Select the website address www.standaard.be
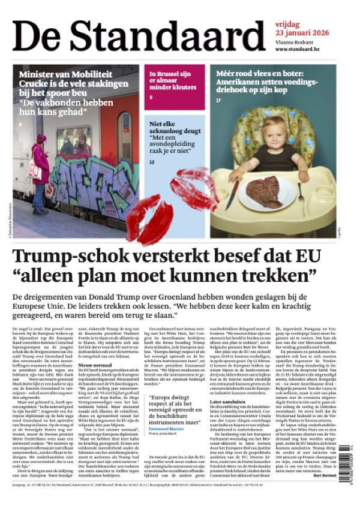pyautogui.click(x=302, y=49)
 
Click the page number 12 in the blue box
pyautogui.click(x=152, y=162)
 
